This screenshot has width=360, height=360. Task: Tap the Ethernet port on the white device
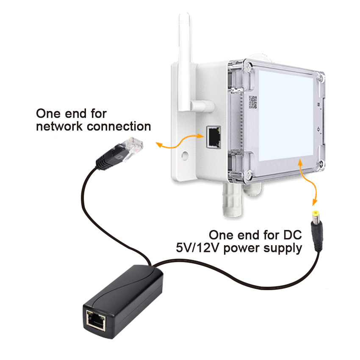(x=214, y=137)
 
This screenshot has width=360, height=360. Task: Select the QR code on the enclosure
(x=253, y=102)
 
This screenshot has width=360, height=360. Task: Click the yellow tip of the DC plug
(x=315, y=215)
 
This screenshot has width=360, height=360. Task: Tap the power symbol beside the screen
(x=317, y=127)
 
